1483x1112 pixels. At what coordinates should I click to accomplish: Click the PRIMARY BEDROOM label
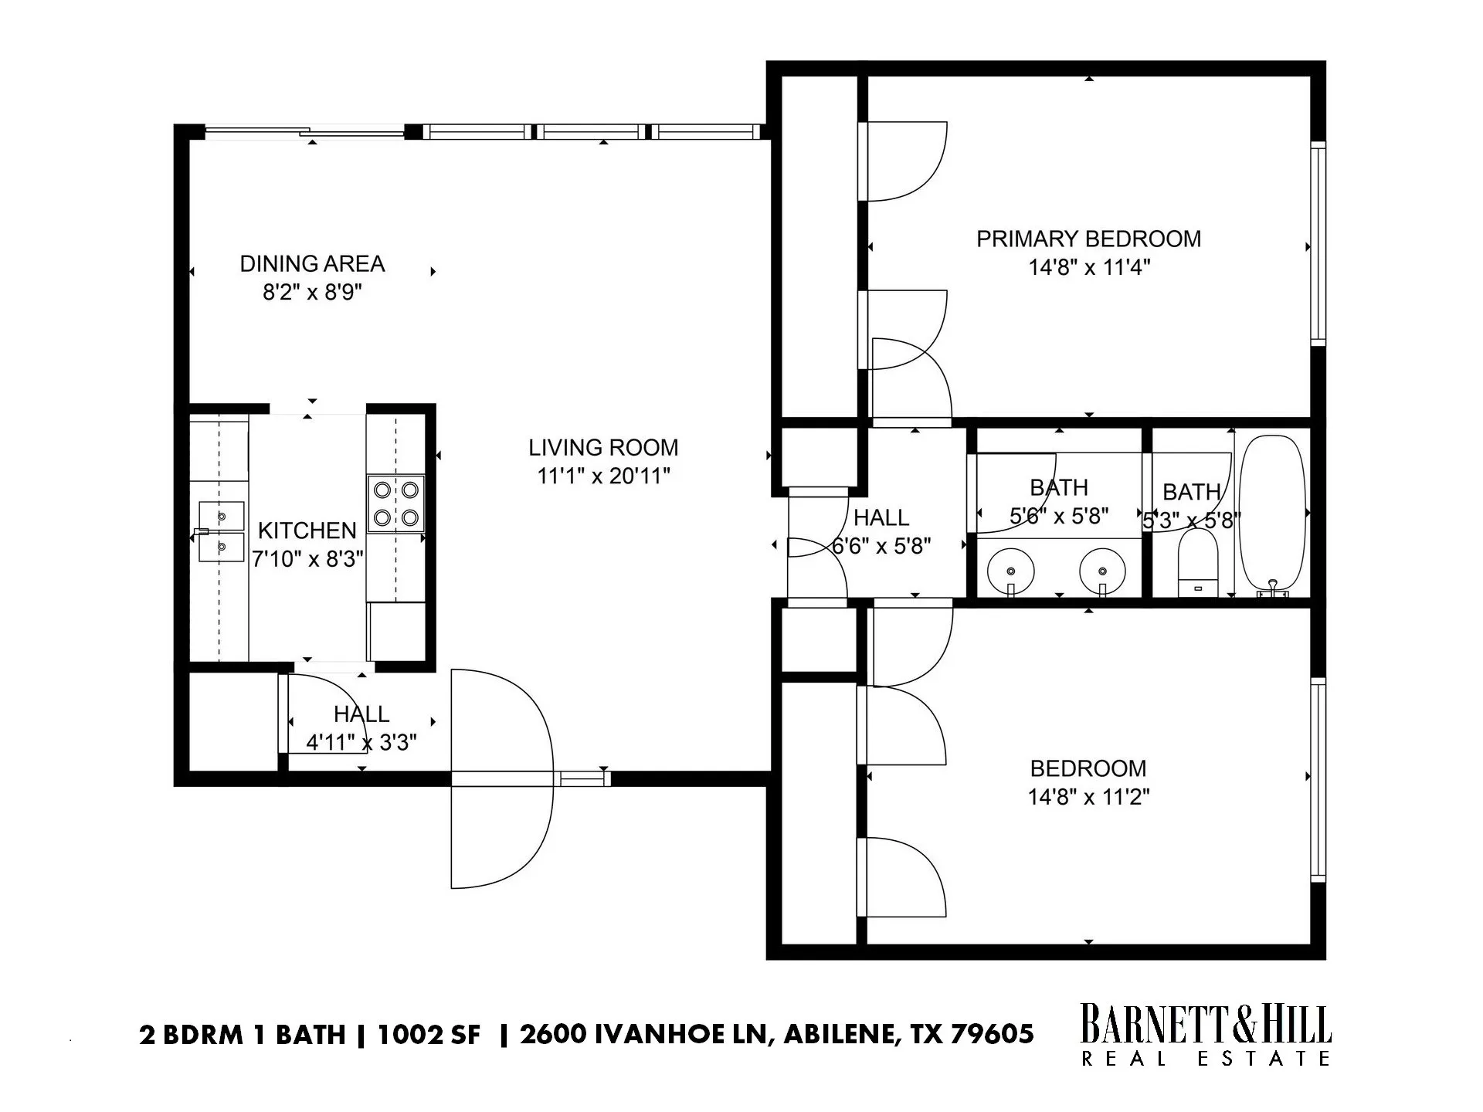(x=1088, y=239)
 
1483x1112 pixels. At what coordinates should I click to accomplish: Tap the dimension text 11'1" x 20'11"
(x=603, y=476)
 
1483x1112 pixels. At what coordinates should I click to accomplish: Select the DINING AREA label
(x=312, y=264)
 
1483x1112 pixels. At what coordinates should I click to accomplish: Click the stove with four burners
(x=395, y=503)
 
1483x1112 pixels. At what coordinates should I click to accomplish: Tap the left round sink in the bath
(x=1011, y=570)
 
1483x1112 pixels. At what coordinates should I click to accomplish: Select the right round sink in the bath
(x=1103, y=570)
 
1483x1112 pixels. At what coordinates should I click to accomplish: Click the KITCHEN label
(x=307, y=531)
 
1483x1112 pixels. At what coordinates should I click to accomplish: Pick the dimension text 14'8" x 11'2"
(x=1088, y=797)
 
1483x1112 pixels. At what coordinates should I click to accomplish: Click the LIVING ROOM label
(x=603, y=447)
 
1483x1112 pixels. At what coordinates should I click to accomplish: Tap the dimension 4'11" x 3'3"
(x=361, y=743)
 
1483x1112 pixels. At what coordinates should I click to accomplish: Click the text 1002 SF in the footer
(x=429, y=1034)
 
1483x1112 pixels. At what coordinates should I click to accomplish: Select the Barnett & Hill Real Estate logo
(x=1205, y=1035)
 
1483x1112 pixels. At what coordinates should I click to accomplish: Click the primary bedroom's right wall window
(x=1318, y=243)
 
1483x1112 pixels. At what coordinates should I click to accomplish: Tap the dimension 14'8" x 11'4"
(x=1088, y=268)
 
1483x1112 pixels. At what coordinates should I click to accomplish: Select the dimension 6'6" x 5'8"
(x=881, y=547)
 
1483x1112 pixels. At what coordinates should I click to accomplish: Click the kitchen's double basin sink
(x=221, y=531)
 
